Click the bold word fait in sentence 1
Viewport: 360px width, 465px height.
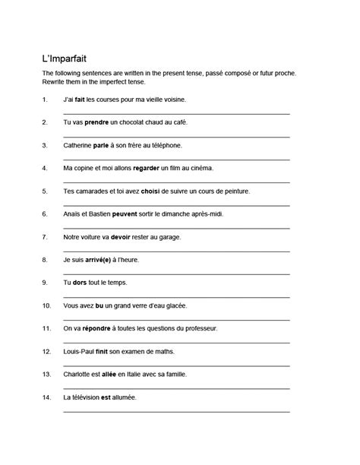[x=80, y=99]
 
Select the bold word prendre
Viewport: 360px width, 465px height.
[x=96, y=122]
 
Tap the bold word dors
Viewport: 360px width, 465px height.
[x=79, y=282]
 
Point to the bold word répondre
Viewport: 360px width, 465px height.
[x=95, y=328]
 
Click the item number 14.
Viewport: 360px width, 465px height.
[x=46, y=397]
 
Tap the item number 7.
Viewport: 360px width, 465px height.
[x=45, y=236]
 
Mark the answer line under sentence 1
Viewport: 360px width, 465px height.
[x=176, y=112]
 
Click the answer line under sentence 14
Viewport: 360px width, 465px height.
[x=176, y=411]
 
